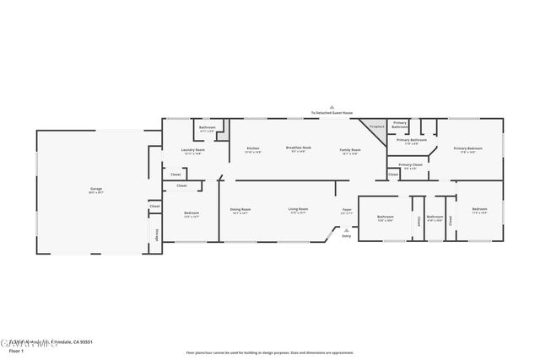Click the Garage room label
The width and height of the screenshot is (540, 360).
click(96, 188)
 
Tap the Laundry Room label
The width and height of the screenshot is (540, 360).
click(193, 151)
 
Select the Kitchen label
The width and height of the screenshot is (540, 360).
click(253, 149)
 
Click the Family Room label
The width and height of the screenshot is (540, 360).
click(349, 149)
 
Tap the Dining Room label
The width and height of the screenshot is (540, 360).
click(240, 209)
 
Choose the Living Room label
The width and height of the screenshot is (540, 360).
click(298, 209)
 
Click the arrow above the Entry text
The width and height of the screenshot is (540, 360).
click(346, 229)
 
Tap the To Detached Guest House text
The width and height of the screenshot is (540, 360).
click(332, 112)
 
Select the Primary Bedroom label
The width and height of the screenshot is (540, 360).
click(467, 149)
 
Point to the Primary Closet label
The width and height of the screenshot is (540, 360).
click(411, 165)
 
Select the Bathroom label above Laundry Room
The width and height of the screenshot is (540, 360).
click(208, 128)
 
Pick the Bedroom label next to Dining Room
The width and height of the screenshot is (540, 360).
click(192, 213)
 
